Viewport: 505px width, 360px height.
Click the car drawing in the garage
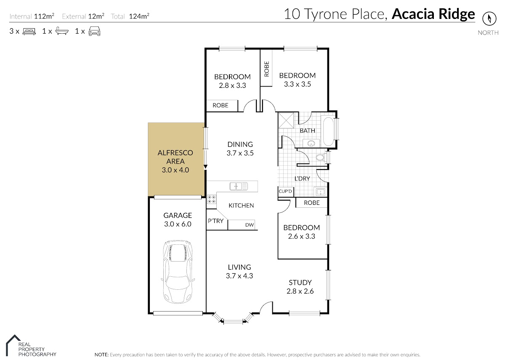[178, 272]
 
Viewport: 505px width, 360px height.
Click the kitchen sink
[239, 186]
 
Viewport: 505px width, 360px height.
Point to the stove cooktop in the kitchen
[211, 199]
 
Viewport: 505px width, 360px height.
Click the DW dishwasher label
[249, 225]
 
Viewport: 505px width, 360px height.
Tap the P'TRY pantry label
[215, 221]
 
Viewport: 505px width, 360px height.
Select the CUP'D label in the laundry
[285, 191]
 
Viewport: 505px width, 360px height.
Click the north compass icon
[489, 19]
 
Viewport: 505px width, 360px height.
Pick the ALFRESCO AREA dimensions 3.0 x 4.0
[175, 170]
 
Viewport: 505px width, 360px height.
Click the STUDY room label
[300, 283]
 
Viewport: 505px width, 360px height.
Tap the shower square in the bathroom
[286, 120]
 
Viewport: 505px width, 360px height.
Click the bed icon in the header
[29, 31]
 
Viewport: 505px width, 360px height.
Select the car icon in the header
[94, 31]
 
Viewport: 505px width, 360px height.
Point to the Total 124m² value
[139, 16]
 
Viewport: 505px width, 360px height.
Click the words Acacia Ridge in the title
[433, 14]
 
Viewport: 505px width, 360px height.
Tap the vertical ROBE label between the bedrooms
[266, 69]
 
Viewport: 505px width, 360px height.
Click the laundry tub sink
[320, 192]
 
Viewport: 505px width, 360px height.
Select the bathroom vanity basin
[311, 143]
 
